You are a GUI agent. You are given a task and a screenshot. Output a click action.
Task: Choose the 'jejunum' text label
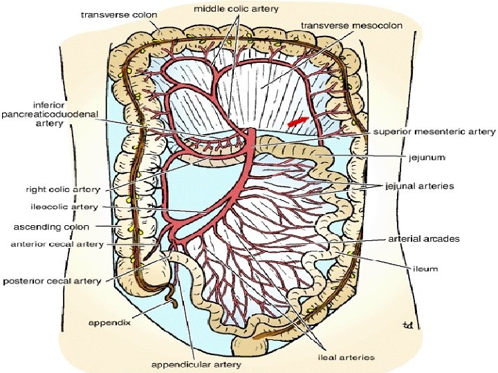tap(427, 157)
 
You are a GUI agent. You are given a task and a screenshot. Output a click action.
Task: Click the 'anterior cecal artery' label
tap(57, 243)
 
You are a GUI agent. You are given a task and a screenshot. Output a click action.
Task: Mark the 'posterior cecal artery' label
tap(53, 281)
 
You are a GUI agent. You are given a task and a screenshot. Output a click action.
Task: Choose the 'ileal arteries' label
tap(346, 357)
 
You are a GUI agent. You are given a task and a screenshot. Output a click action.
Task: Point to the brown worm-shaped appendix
tap(169, 294)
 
